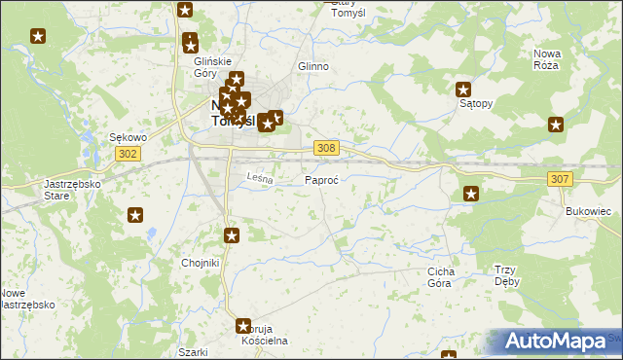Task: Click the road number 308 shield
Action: [327, 147]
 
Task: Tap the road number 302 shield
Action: [128, 154]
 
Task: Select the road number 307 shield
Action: [559, 179]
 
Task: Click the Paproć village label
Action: [321, 181]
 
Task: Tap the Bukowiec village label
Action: [587, 210]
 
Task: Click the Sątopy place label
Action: [476, 102]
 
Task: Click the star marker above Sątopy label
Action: [464, 89]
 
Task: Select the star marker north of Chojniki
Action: [232, 234]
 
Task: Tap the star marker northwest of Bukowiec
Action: [471, 194]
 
